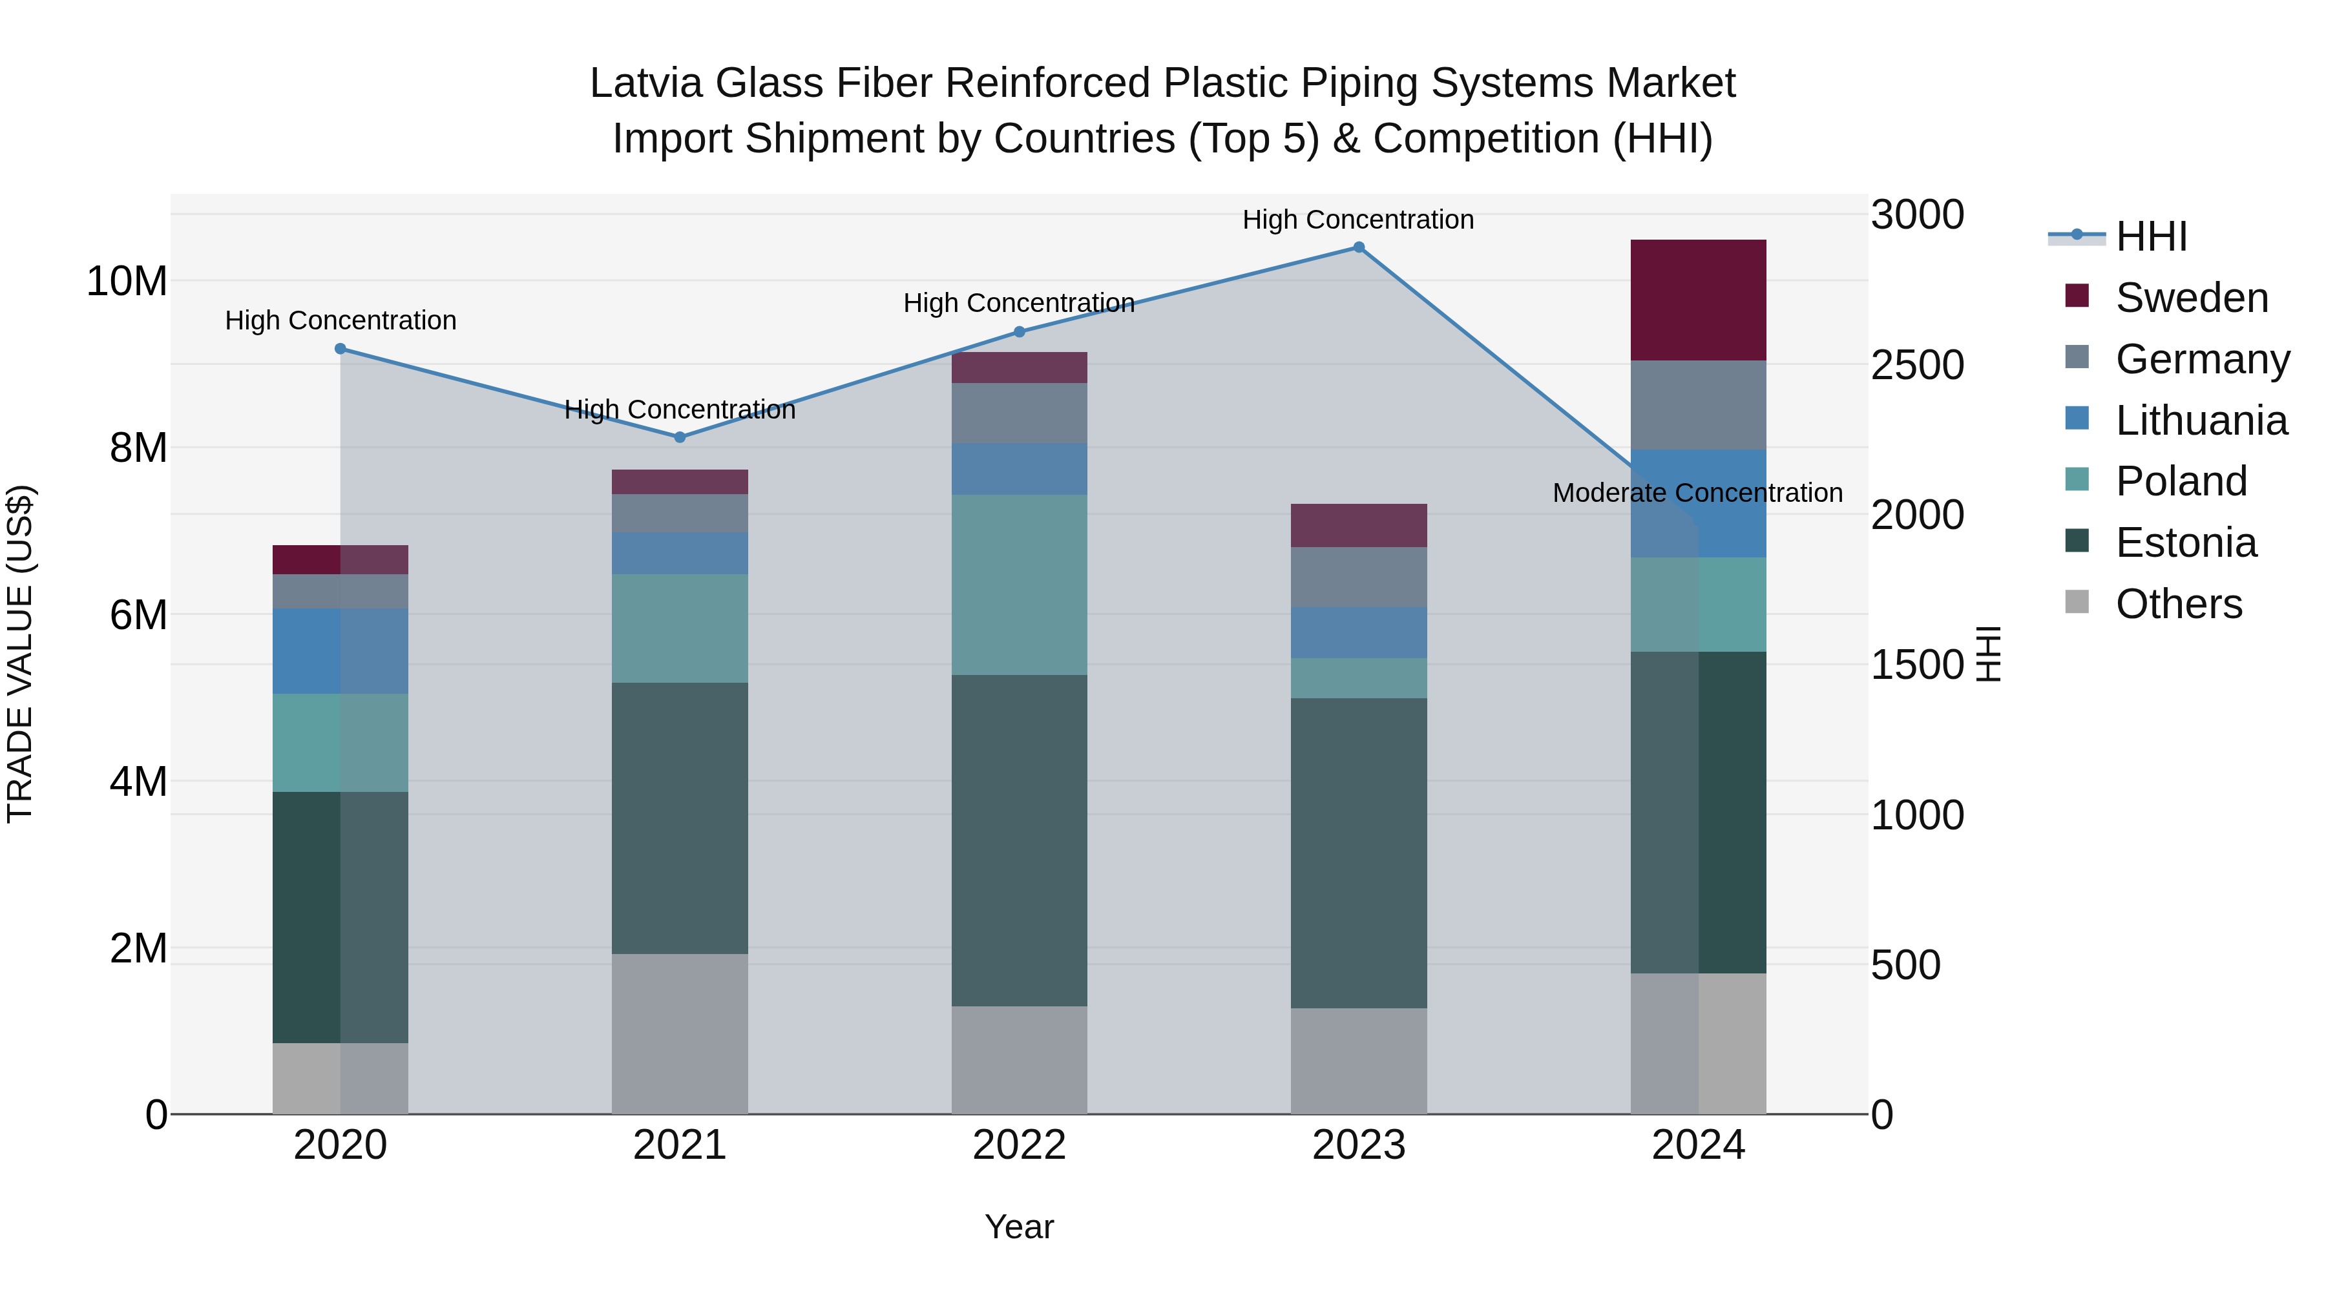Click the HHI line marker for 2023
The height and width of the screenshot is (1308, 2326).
(x=1358, y=247)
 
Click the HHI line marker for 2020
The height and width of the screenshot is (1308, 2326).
(x=341, y=348)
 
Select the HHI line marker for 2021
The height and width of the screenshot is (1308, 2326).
(x=680, y=437)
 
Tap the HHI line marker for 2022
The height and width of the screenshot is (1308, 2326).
(x=1020, y=331)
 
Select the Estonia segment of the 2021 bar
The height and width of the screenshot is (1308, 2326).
(x=680, y=818)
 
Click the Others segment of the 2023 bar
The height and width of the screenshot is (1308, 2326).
(x=1358, y=1061)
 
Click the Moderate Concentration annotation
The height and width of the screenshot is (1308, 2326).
(x=1697, y=493)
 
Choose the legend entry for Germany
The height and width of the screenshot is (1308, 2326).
(x=2201, y=359)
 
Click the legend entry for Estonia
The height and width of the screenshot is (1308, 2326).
(x=2185, y=543)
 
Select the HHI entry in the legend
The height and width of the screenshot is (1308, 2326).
(x=2151, y=236)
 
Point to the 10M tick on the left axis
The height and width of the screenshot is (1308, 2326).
(x=127, y=282)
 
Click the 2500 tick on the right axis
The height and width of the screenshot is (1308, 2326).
(x=1917, y=366)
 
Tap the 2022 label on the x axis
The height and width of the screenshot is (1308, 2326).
(x=1020, y=1145)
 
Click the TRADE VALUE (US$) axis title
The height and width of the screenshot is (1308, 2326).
(x=20, y=654)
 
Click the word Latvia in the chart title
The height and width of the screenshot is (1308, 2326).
(x=647, y=83)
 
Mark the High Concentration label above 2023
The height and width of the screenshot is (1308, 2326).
(x=1358, y=220)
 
